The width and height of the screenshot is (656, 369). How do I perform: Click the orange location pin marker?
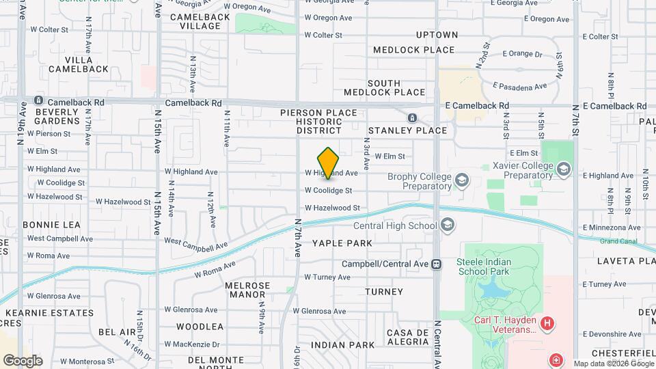coord(329,163)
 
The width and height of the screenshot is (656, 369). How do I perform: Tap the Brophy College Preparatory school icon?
coord(463,180)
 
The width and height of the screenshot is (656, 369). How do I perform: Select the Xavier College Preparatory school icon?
coord(564,169)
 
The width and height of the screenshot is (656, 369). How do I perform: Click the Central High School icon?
coord(448,225)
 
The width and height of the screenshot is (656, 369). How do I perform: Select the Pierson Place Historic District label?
coord(318,121)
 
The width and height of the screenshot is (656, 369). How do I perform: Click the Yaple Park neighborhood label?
coord(342,243)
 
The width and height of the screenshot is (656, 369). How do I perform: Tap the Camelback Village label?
coord(195,21)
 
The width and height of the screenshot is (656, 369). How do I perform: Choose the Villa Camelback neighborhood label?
coord(83,64)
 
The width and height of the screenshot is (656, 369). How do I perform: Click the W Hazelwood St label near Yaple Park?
coord(332,208)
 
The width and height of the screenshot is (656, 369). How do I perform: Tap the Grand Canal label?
coord(618,241)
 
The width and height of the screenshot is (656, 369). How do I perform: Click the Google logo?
coord(23,360)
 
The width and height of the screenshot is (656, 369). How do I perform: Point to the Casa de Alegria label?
coord(407,337)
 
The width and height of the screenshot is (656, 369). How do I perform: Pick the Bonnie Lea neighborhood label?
coord(51,225)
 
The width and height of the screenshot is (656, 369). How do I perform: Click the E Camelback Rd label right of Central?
coord(477,106)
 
